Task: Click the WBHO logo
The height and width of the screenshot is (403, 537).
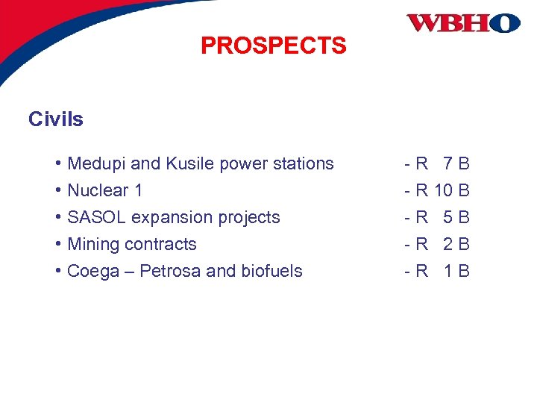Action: click(x=462, y=22)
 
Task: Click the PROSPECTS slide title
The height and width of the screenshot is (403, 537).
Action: click(x=273, y=46)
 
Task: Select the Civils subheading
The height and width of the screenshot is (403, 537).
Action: click(x=56, y=119)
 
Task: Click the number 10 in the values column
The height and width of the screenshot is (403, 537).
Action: click(x=444, y=190)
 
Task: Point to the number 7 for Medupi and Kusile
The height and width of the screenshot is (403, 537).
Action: click(x=447, y=163)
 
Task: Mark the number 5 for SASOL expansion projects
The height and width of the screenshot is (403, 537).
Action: click(x=447, y=217)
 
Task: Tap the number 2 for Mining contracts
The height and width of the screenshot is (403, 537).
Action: click(x=447, y=244)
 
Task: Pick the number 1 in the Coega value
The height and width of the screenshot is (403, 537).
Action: click(x=447, y=271)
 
